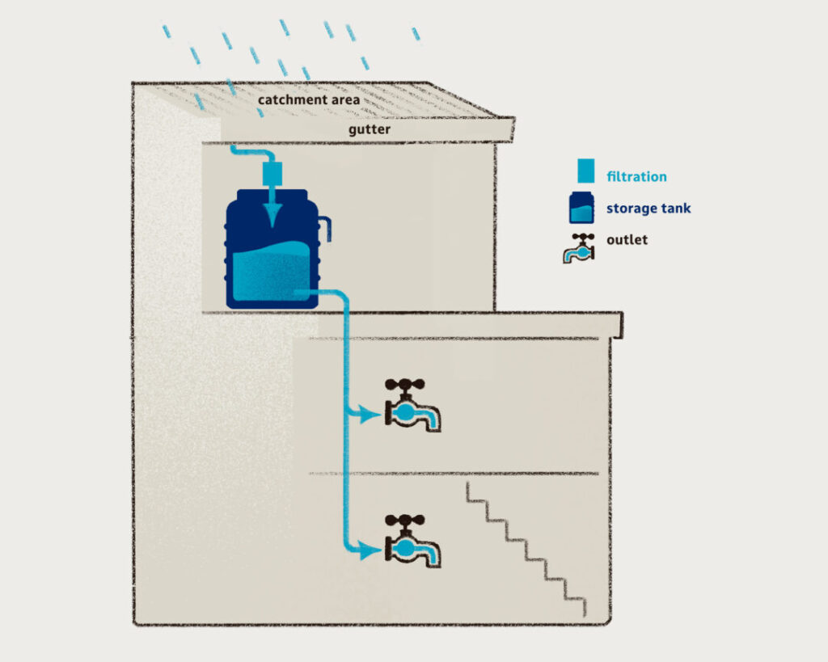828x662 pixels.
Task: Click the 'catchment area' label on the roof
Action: click(309, 100)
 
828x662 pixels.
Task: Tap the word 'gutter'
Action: click(370, 129)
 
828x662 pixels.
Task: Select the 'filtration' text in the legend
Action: click(636, 176)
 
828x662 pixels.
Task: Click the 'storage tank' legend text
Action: click(648, 209)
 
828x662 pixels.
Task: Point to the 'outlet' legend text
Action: click(627, 239)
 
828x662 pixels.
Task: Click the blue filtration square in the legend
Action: click(585, 171)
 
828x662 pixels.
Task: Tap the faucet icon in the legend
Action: click(580, 248)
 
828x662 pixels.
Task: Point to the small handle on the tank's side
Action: click(325, 228)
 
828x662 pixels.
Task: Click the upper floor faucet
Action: click(414, 411)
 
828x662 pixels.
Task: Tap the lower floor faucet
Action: click(414, 547)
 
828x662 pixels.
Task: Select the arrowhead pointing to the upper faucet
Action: click(372, 415)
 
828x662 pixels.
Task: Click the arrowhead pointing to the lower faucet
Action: click(372, 550)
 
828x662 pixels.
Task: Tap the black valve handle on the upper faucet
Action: click(404, 385)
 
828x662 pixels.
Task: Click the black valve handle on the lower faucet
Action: click(404, 521)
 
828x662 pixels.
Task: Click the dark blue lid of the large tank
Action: click(272, 195)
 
